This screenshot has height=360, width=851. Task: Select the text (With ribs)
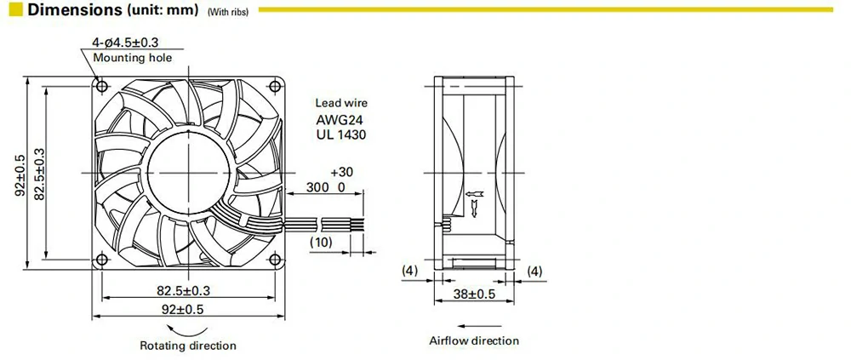226,13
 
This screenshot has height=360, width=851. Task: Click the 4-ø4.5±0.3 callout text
132,43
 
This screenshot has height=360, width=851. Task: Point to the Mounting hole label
132,58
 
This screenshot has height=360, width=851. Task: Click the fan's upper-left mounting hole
103,86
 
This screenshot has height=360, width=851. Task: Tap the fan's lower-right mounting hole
275,259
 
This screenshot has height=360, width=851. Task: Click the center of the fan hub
189,172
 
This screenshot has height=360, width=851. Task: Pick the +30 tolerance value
341,171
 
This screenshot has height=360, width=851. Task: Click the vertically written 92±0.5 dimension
20,174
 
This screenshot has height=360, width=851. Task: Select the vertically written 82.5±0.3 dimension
38,174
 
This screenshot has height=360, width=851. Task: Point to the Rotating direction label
188,346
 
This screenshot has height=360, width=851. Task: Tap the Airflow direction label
473,340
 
